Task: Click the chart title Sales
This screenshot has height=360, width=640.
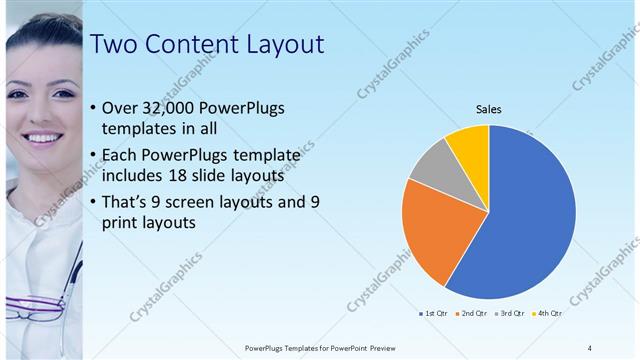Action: tap(488, 109)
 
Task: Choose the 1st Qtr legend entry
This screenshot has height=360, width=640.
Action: tap(433, 315)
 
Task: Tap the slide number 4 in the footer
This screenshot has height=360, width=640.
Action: tap(590, 347)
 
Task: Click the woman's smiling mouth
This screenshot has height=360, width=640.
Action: tap(41, 137)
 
